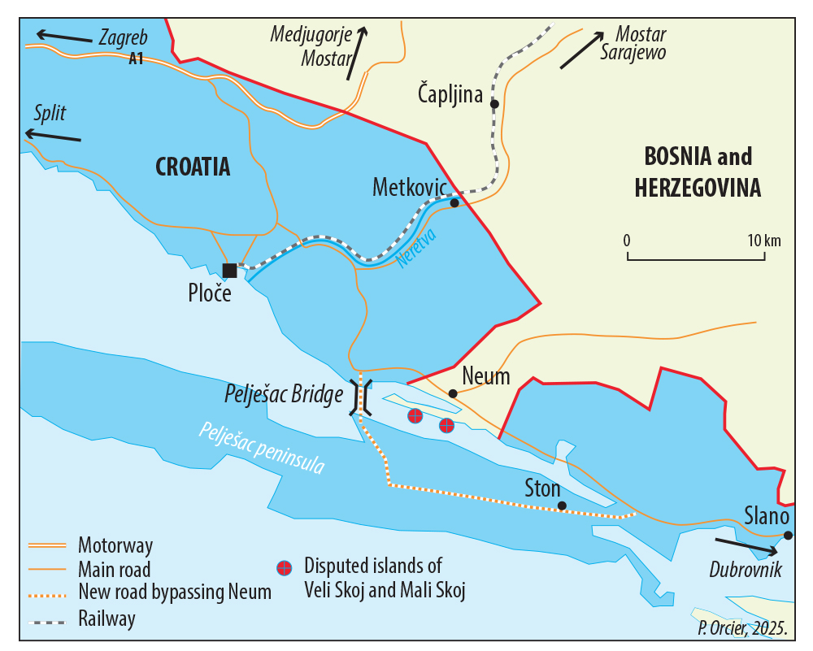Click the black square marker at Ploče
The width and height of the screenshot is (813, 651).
[230, 270]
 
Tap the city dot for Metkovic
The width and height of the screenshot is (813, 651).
[454, 203]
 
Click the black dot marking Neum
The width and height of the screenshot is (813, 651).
[453, 393]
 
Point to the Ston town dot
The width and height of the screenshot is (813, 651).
[562, 506]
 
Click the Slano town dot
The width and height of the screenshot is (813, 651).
[788, 535]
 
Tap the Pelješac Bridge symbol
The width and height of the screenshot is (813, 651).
[361, 397]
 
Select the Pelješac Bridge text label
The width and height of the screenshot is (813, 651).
[283, 396]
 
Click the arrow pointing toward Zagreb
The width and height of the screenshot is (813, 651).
[64, 37]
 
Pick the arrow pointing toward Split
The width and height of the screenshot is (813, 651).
[53, 136]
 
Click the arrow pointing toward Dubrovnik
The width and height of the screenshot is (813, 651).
[746, 545]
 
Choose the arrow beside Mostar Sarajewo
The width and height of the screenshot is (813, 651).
[582, 50]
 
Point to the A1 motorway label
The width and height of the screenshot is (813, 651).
[137, 59]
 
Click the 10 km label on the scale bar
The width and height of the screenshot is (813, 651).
[764, 240]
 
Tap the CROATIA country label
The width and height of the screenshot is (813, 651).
[193, 167]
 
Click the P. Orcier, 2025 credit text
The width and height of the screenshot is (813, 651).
[742, 627]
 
